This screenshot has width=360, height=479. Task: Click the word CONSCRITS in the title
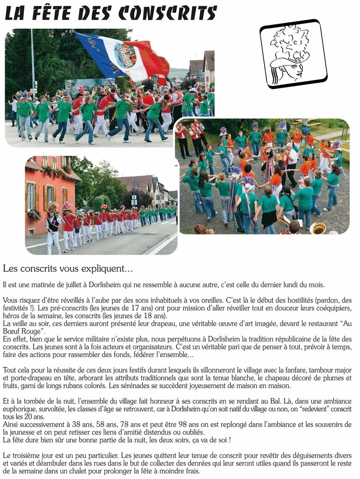(168, 13)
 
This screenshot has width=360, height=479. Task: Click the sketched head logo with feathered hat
(293, 53)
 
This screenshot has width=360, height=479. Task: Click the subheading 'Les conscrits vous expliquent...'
(68, 269)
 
